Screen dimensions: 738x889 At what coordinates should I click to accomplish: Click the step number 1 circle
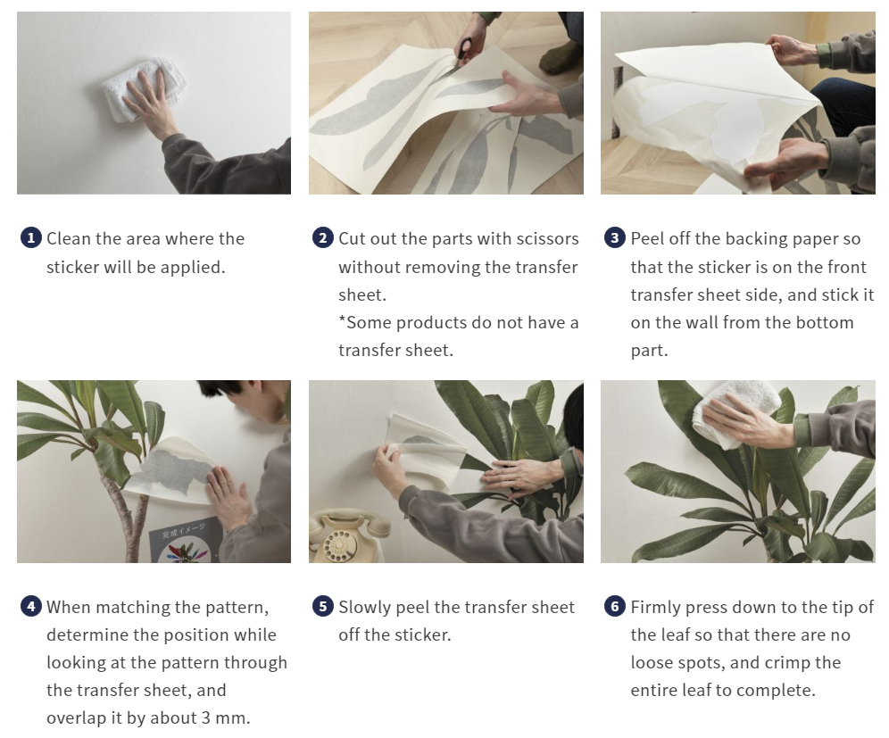(31, 238)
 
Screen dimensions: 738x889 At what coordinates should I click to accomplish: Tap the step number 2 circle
(323, 238)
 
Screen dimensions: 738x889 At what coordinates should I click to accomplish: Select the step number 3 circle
(615, 238)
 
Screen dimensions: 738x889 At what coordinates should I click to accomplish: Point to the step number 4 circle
(31, 607)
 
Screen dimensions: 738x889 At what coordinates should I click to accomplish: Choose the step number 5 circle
(323, 607)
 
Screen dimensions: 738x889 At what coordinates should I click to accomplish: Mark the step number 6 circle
(615, 607)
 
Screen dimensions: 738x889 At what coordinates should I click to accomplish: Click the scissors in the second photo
(464, 52)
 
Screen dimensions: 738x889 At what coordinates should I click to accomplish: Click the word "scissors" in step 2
(546, 238)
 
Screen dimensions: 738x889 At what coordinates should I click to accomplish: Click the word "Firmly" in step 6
(655, 607)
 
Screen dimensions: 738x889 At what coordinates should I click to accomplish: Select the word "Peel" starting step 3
(648, 238)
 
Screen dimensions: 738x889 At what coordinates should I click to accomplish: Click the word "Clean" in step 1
(70, 238)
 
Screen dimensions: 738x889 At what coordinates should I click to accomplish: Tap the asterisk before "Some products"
(342, 321)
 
